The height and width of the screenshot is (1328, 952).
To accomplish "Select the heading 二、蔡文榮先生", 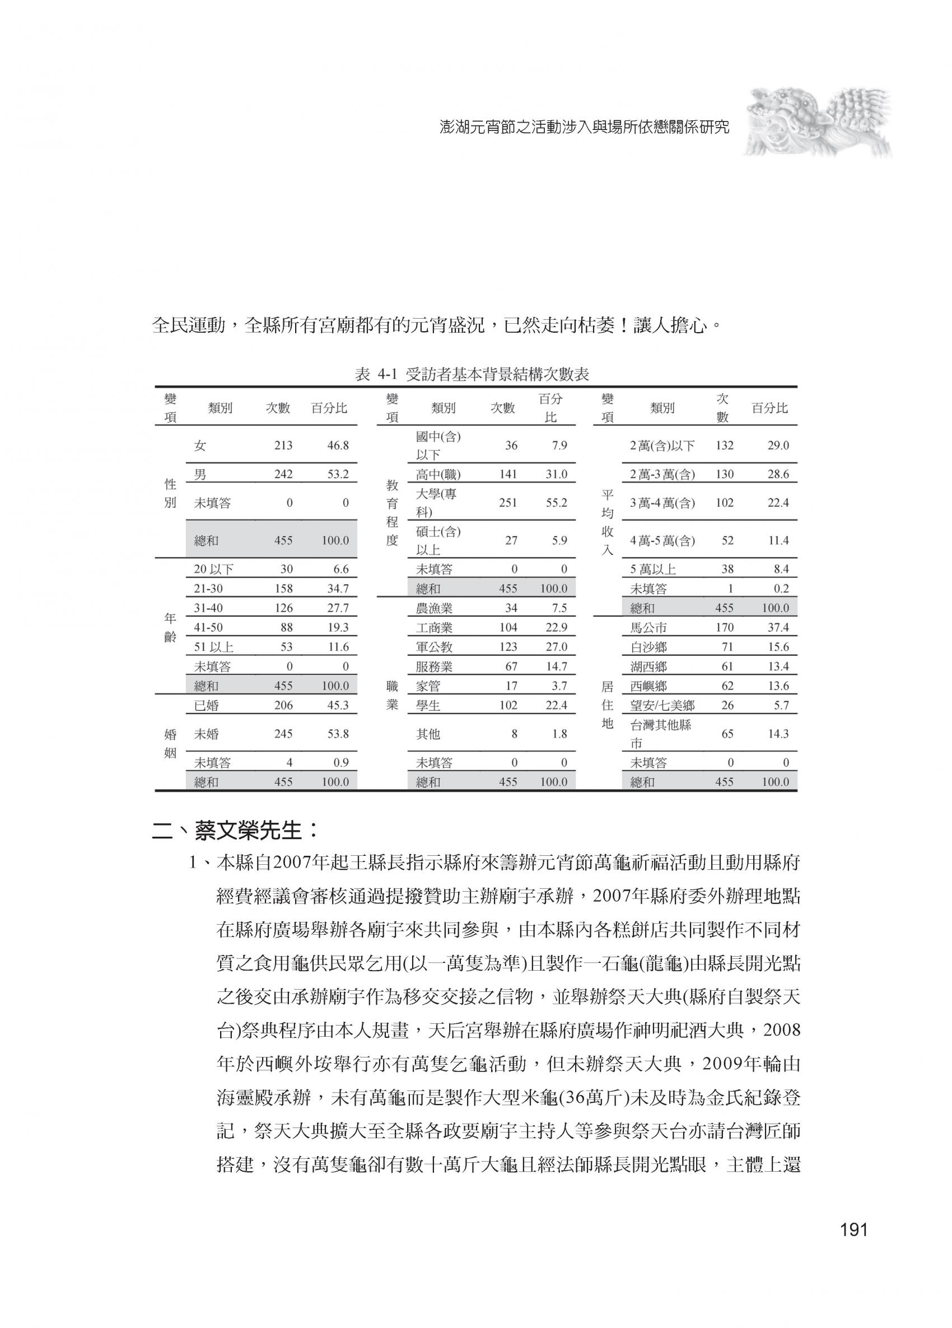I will pos(236,830).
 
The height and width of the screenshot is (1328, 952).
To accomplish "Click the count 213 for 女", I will pos(283,446).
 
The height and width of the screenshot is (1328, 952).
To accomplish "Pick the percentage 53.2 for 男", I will pos(338,474).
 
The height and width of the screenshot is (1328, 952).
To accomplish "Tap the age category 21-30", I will pos(208,589).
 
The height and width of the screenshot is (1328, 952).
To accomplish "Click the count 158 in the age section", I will pos(283,589).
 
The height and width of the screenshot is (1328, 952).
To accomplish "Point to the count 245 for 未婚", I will pos(283,734).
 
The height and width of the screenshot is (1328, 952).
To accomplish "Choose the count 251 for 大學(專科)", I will pos(507,503).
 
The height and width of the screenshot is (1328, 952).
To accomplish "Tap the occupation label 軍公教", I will pos(435,647).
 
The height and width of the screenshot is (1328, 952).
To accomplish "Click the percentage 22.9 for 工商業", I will pos(556,628).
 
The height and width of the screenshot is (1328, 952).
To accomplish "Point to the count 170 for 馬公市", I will pos(724,628).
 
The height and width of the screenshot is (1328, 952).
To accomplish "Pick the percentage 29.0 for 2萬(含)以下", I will pos(778,446).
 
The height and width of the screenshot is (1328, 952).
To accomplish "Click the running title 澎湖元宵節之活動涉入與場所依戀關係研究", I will pos(584,127).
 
